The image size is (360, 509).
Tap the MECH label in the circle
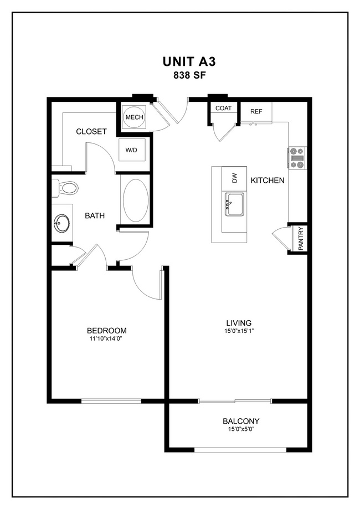[x=134, y=117]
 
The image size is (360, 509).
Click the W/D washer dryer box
[x=132, y=150]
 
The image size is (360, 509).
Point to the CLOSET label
[x=91, y=132]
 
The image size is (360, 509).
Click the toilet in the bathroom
[x=66, y=188]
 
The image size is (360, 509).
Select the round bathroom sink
[x=61, y=224]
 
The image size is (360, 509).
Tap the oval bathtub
[x=135, y=200]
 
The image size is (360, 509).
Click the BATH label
[x=95, y=216]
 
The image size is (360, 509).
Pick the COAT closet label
[x=223, y=109]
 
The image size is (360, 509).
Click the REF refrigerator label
[x=256, y=111]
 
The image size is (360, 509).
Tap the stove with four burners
[x=297, y=157]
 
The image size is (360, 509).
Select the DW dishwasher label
[x=234, y=178]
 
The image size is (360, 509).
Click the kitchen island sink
[x=235, y=205]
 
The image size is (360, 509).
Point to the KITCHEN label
[x=268, y=180]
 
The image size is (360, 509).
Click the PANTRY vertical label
[x=300, y=239]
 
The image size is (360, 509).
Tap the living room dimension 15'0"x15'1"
[x=239, y=331]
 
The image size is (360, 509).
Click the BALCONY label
[x=241, y=421]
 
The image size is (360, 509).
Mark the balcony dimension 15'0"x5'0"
[x=241, y=429]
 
